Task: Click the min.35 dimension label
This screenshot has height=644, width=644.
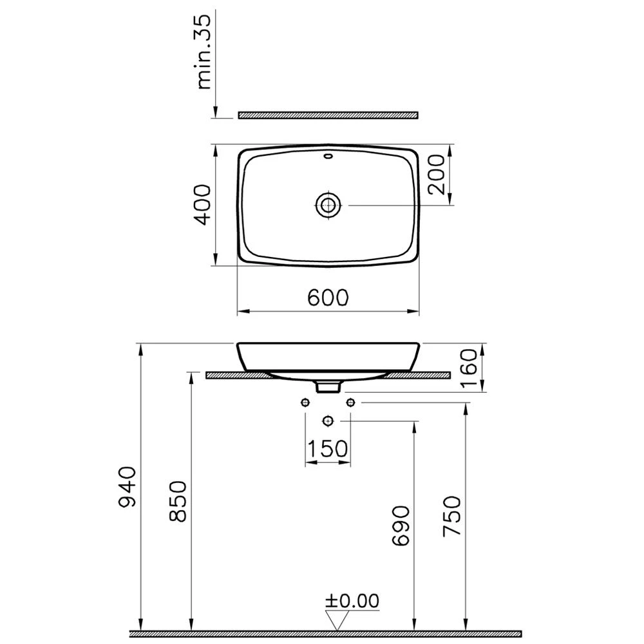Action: (204, 53)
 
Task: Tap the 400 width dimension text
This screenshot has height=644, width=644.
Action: (202, 205)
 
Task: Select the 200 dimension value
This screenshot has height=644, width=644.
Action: (436, 174)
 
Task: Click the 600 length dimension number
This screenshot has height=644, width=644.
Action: (328, 298)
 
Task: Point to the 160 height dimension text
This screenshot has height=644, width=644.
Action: (468, 368)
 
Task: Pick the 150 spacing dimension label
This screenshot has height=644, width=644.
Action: (327, 448)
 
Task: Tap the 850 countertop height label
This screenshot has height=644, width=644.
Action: (178, 501)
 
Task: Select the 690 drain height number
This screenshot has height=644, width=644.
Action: (401, 526)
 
